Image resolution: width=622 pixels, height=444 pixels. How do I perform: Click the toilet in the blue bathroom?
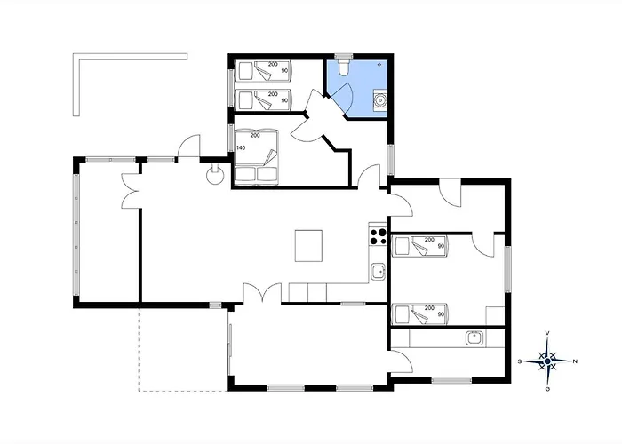344,67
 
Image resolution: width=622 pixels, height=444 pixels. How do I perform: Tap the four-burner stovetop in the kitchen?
378,236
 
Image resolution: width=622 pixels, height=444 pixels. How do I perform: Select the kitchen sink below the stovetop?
378,272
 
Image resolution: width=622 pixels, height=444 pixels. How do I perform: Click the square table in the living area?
308,246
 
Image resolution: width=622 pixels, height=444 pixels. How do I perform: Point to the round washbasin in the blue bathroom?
380,100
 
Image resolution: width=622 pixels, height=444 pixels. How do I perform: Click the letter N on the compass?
575,361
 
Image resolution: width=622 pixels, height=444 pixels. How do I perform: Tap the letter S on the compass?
520,361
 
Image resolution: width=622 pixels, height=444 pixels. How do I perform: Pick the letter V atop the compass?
548,333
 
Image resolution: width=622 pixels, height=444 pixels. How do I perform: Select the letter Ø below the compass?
548,389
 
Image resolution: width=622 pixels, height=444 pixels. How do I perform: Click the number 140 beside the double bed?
241,148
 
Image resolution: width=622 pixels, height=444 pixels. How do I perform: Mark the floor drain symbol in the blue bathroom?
379,64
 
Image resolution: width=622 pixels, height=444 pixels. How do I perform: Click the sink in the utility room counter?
474,338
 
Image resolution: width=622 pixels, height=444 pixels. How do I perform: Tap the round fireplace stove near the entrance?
215,175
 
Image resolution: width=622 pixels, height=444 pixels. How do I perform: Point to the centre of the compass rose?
548,361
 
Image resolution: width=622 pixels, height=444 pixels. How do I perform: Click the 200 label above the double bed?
255,136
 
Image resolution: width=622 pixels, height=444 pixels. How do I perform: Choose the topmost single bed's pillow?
243,71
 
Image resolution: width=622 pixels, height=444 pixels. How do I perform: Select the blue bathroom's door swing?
341,99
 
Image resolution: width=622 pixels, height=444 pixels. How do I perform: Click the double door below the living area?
263,292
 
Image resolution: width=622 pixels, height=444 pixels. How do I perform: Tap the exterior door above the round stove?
188,146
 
